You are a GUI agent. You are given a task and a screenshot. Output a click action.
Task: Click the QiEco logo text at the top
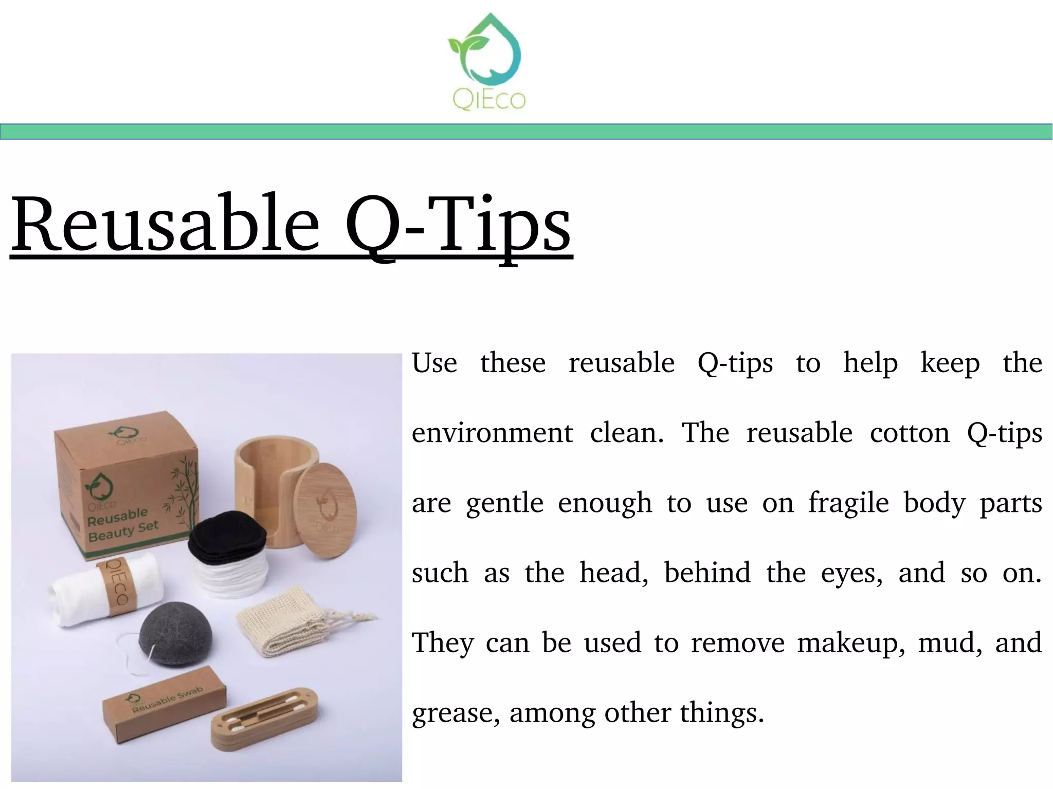[488, 99]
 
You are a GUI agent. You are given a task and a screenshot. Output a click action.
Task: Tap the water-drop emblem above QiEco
[486, 51]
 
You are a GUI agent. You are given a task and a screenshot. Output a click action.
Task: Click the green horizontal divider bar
[526, 132]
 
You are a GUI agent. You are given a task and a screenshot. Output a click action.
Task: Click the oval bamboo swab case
[265, 720]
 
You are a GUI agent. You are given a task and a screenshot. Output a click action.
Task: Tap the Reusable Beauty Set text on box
[121, 524]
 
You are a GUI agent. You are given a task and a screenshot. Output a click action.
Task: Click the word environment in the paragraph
[492, 433]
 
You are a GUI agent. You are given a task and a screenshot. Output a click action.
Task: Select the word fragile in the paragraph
[848, 503]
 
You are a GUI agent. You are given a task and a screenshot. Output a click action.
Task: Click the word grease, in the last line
[456, 713]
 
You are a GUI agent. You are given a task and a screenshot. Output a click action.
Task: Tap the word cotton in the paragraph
[909, 433]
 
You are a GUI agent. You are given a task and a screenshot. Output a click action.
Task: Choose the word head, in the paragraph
[614, 573]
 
